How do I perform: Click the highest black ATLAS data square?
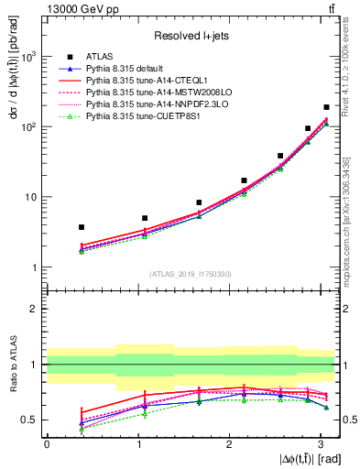[x=326, y=107]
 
